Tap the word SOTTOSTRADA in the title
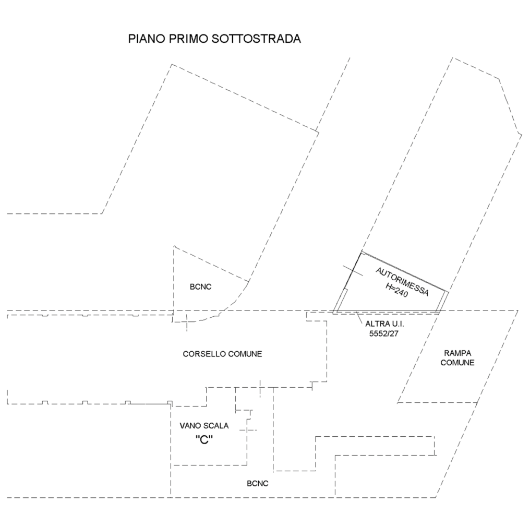tap(256, 39)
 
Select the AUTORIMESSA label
tap(402, 282)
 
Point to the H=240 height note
tap(397, 290)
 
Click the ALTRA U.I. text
tap(384, 324)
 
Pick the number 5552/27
tap(383, 333)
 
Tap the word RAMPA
tap(457, 353)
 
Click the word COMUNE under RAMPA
tap(457, 363)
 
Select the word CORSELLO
tap(204, 354)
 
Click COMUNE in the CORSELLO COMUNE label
tap(245, 354)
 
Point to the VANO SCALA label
tap(204, 426)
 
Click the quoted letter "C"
tap(204, 440)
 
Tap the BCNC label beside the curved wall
tap(200, 287)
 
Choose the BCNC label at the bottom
tap(258, 484)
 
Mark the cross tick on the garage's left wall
tap(353, 270)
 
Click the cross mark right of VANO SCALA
tap(248, 430)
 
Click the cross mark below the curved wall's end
tap(187, 322)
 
